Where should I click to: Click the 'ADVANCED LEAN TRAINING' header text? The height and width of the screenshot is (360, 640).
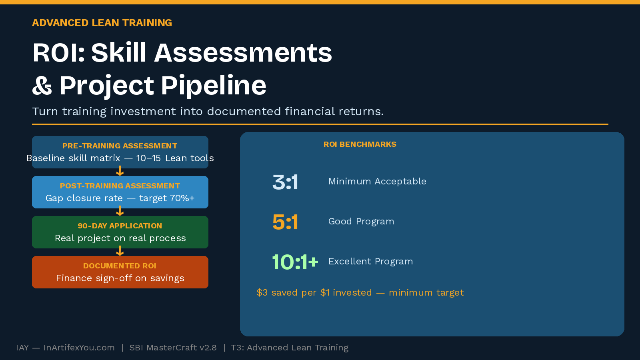(x=102, y=23)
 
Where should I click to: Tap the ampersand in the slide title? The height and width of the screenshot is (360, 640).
(x=42, y=86)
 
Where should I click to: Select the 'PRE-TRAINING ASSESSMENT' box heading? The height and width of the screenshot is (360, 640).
(x=120, y=146)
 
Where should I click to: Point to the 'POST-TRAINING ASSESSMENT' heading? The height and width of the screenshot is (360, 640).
(x=120, y=186)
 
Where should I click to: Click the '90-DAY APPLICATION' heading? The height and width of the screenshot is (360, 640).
(x=120, y=226)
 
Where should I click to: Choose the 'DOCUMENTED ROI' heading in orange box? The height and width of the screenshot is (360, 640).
(x=120, y=266)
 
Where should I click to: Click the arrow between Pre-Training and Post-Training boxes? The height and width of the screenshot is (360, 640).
(x=120, y=172)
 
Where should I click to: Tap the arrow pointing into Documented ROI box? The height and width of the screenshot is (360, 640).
(x=120, y=252)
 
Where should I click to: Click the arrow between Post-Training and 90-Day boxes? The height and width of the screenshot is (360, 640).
(x=120, y=212)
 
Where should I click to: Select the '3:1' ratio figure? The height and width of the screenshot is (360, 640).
(x=285, y=182)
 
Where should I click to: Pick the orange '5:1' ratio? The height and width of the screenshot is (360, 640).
(x=285, y=222)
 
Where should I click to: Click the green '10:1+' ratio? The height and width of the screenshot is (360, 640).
(x=295, y=262)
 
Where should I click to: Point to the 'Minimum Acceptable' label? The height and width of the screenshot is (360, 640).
(x=377, y=182)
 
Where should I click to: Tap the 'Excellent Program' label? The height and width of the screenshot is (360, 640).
(x=370, y=262)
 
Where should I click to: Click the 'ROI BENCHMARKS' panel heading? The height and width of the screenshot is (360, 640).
(x=360, y=144)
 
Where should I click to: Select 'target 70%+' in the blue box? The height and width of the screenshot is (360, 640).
(x=167, y=198)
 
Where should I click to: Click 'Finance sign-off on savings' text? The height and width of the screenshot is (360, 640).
(x=120, y=278)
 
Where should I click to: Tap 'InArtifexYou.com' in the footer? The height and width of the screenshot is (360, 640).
(x=79, y=348)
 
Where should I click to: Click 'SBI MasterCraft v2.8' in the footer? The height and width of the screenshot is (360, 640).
(x=173, y=348)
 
